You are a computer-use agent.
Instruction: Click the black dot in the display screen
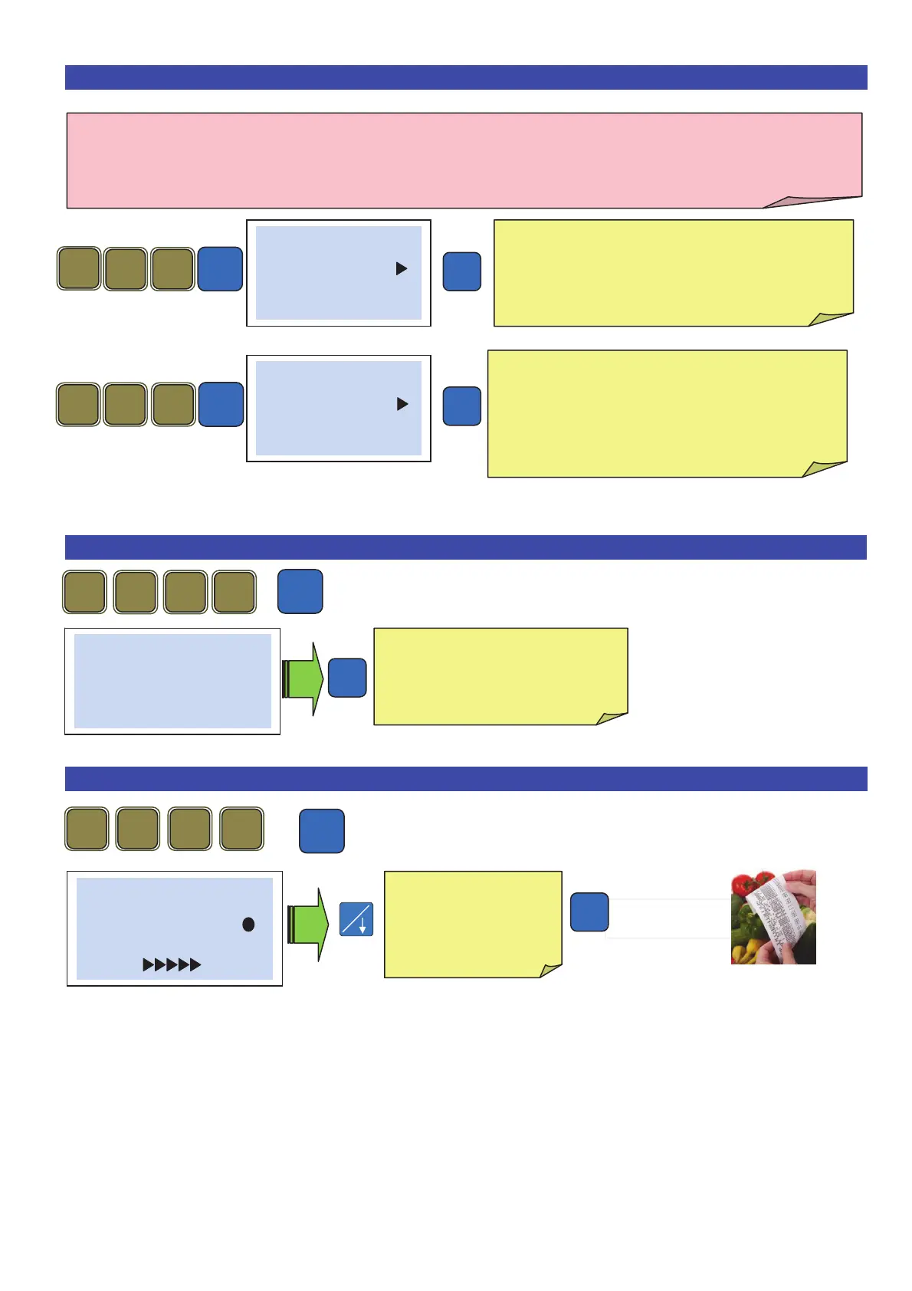248,925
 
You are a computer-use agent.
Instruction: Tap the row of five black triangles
172,964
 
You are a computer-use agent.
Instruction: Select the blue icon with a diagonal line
356,919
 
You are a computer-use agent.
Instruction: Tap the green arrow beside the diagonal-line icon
307,925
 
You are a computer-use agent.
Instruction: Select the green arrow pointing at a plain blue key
303,679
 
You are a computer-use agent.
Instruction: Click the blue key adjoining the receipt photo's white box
589,912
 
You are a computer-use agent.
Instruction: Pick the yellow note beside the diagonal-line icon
472,923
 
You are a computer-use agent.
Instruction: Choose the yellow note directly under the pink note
673,272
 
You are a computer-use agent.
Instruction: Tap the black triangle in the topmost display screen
401,268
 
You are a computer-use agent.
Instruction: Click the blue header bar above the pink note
466,77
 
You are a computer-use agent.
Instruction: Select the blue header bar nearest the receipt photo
466,779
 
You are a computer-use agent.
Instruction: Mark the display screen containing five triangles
175,928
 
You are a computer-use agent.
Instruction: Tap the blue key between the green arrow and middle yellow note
347,678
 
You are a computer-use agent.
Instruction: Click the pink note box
464,160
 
